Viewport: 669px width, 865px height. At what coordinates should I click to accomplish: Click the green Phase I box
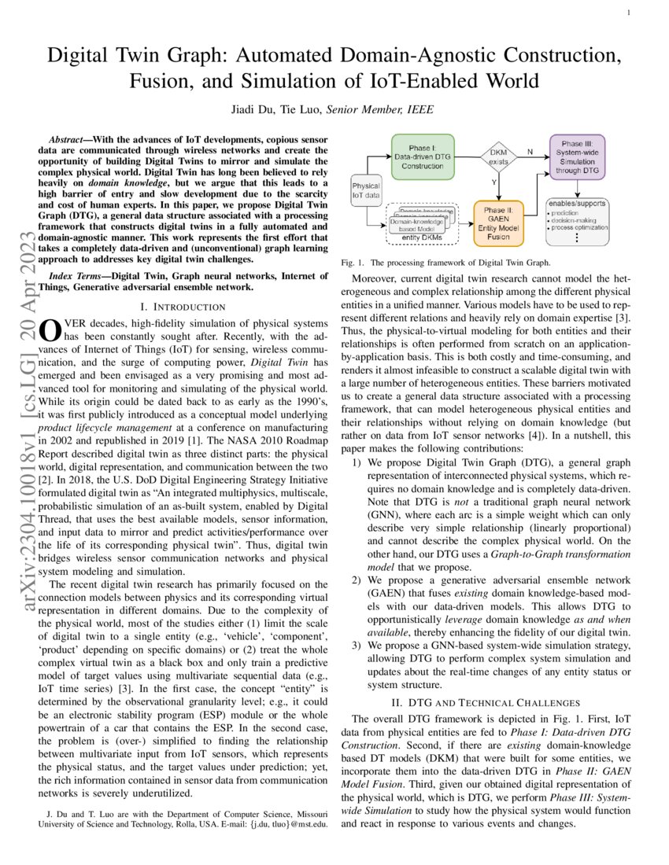pyautogui.click(x=423, y=156)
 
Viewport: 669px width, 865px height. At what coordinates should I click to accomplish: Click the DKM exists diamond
pyautogui.click(x=499, y=156)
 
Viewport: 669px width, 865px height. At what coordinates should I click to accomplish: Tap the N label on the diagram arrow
pyautogui.click(x=529, y=150)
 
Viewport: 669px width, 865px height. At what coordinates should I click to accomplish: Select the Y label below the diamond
pyautogui.click(x=493, y=182)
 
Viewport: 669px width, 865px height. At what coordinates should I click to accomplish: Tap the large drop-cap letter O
pyautogui.click(x=50, y=329)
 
